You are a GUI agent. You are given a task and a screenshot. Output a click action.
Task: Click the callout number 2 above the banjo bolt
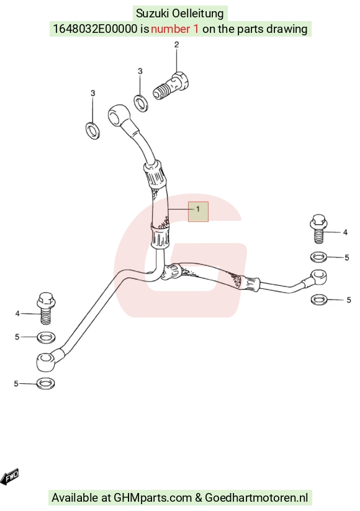click(x=176, y=45)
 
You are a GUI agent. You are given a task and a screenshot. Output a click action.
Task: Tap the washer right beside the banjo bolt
click(x=141, y=102)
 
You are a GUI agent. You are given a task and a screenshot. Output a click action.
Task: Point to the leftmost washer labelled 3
click(x=93, y=130)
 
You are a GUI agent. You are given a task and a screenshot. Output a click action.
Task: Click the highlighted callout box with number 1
click(x=198, y=211)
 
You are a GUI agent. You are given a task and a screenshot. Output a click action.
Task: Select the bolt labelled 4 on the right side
click(x=318, y=228)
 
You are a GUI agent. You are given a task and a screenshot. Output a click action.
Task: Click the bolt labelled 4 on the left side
click(x=46, y=308)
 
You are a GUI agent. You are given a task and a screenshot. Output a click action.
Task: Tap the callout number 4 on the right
click(x=345, y=233)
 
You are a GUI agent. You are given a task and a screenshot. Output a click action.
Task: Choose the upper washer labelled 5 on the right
click(x=318, y=257)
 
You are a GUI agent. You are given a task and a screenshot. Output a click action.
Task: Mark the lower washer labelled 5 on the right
click(x=319, y=299)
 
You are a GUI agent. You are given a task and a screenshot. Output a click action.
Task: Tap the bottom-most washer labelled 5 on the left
click(x=46, y=383)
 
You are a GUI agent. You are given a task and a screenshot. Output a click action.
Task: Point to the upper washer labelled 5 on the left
click(x=46, y=337)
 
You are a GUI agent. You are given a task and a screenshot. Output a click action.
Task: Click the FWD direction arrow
click(x=11, y=476)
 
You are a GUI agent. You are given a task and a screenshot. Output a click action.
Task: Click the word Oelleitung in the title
click(x=197, y=14)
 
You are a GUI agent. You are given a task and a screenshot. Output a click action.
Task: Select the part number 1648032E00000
click(x=95, y=29)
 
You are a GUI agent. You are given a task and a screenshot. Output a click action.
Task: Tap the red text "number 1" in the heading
click(x=174, y=29)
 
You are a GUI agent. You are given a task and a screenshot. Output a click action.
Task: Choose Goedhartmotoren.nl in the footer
click(x=256, y=497)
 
